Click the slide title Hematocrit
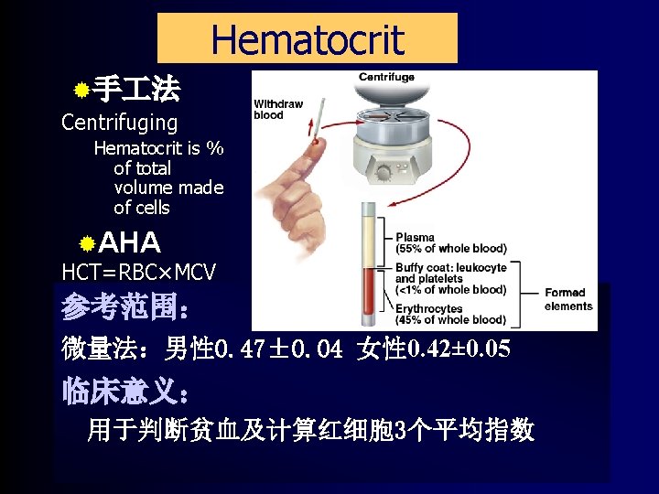[307, 39]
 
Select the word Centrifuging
[119, 123]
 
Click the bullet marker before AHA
[86, 243]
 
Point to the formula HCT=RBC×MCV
[138, 272]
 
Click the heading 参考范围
[124, 308]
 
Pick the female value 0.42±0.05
[457, 349]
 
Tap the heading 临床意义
[124, 393]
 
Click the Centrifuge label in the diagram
[386, 78]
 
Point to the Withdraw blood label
[277, 110]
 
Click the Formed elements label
[568, 299]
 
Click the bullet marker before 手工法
[81, 91]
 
